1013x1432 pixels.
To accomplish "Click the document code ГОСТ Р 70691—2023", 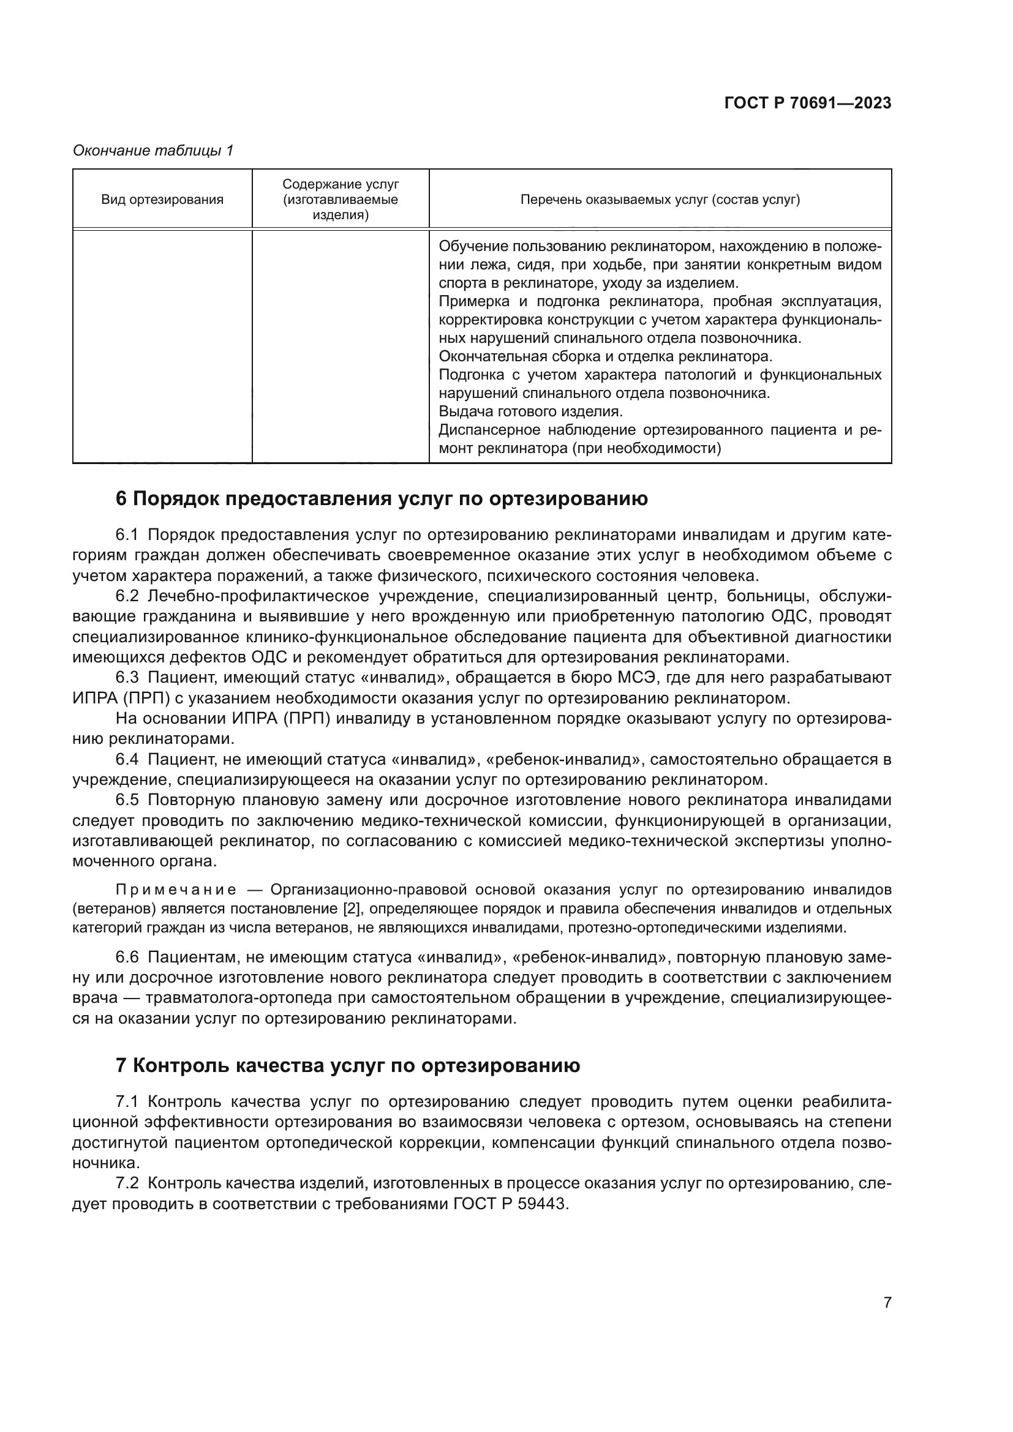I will pyautogui.click(x=808, y=103).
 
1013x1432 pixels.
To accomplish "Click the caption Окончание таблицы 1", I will pyautogui.click(x=153, y=151).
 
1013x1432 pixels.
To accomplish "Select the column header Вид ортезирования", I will pyautogui.click(x=162, y=200).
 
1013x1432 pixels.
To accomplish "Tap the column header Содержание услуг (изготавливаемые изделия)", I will pyautogui.click(x=340, y=200).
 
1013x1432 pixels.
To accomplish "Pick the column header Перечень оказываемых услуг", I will pyautogui.click(x=660, y=200).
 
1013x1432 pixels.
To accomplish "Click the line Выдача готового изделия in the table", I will pyautogui.click(x=531, y=411).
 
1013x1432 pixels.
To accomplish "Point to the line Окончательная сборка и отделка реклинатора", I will pyautogui.click(x=605, y=356).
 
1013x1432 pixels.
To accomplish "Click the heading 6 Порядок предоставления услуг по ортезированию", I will pyautogui.click(x=382, y=498).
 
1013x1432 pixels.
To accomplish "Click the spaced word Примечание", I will pyautogui.click(x=176, y=889).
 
